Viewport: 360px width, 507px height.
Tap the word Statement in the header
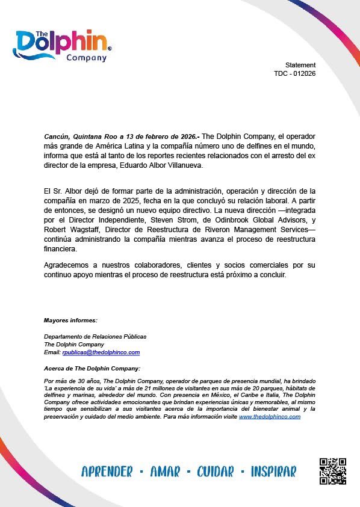point(300,65)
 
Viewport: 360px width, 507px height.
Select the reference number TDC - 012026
point(295,73)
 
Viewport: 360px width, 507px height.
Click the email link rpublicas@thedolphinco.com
point(101,352)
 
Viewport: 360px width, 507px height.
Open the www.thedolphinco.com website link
point(269,416)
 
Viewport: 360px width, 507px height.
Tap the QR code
point(333,471)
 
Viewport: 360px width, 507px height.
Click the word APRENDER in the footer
point(107,472)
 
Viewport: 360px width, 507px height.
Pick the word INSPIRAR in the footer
point(273,472)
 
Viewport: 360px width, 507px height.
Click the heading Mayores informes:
point(70,320)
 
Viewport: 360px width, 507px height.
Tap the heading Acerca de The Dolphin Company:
point(92,367)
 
